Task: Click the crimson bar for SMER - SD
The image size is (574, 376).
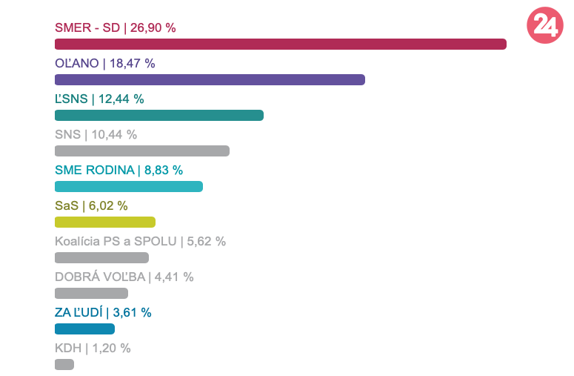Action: (280, 44)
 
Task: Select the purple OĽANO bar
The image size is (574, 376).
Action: (210, 80)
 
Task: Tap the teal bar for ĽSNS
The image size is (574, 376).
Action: (158, 116)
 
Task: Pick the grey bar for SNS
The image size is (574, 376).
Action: (141, 151)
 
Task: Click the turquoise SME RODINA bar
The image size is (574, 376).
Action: (128, 187)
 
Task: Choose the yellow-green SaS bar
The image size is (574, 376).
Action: (104, 222)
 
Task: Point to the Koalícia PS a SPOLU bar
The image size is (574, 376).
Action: (101, 258)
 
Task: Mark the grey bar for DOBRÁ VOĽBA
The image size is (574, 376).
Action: (91, 294)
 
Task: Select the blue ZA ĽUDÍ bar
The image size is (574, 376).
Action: (84, 329)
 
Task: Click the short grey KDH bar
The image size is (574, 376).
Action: (64, 365)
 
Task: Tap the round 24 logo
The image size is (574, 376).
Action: (545, 26)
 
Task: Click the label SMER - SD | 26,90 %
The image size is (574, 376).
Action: (115, 28)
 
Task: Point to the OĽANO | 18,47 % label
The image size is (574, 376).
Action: (104, 64)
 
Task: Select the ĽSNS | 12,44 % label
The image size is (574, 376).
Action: (99, 99)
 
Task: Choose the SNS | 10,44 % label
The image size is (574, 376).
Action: (96, 135)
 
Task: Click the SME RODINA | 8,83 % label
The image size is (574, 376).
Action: (119, 171)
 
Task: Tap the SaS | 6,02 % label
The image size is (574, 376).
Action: (91, 206)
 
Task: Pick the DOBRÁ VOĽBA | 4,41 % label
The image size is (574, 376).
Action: (124, 277)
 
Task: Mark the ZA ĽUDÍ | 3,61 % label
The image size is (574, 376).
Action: (103, 313)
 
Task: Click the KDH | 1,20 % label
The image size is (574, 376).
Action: (93, 349)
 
